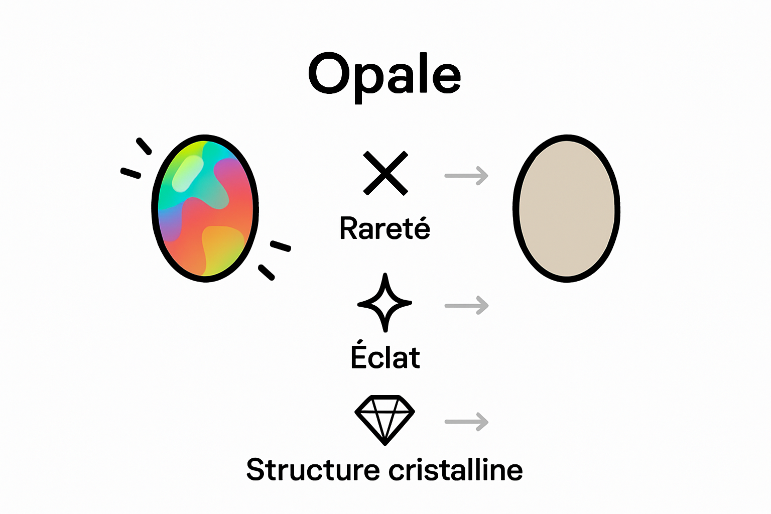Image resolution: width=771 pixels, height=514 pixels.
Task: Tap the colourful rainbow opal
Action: [x=205, y=208]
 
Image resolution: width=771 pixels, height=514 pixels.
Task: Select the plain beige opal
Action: [x=567, y=208]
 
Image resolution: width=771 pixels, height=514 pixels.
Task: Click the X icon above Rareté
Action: [x=385, y=173]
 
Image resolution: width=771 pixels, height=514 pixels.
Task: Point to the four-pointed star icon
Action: [x=385, y=303]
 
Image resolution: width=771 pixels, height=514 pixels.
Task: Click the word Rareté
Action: [x=385, y=228]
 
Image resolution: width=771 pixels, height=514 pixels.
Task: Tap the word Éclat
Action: [x=385, y=357]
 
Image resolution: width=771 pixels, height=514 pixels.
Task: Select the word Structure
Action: [x=313, y=470]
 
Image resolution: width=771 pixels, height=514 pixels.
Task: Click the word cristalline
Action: [x=456, y=470]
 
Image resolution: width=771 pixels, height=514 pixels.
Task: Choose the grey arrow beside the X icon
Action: [x=466, y=176]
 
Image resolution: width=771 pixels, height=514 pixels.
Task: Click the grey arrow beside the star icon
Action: [x=466, y=305]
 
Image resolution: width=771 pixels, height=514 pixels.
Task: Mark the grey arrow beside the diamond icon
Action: [x=466, y=422]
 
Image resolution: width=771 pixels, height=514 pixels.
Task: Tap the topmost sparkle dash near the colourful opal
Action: [x=144, y=146]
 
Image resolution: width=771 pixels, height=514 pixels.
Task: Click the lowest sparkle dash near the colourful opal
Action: [x=267, y=272]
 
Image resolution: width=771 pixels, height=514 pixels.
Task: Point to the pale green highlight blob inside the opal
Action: [x=187, y=173]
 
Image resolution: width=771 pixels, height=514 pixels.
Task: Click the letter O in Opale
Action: [x=329, y=74]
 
